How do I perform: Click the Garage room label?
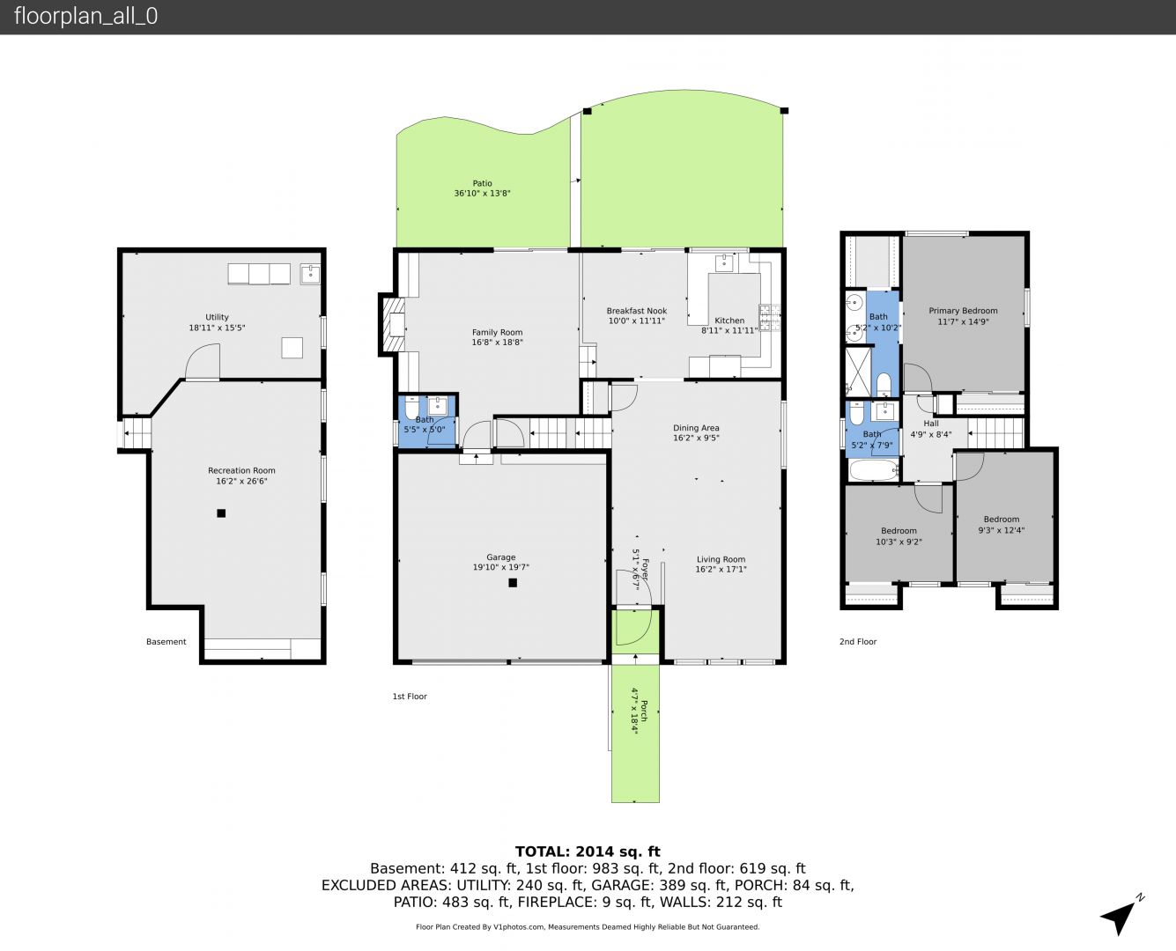point(500,557)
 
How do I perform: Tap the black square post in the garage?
point(513,582)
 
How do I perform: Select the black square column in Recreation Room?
point(221,513)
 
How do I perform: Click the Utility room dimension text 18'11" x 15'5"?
point(217,328)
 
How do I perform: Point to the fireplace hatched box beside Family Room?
point(391,324)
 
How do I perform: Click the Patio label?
point(482,183)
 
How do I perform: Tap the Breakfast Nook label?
point(637,311)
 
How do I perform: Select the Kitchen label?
point(729,321)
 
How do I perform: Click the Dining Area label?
point(696,428)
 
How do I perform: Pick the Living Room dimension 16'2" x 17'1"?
point(721,569)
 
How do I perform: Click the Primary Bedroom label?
point(963,311)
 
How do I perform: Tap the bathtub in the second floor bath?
point(873,470)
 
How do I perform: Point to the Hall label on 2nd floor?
point(931,424)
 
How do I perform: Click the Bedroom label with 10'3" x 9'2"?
point(899,531)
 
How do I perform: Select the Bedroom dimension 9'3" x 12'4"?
point(1001,530)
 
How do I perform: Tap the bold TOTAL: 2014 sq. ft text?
point(588,851)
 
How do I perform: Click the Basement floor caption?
point(166,641)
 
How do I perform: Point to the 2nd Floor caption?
point(858,641)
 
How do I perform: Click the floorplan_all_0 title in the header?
point(85,16)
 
